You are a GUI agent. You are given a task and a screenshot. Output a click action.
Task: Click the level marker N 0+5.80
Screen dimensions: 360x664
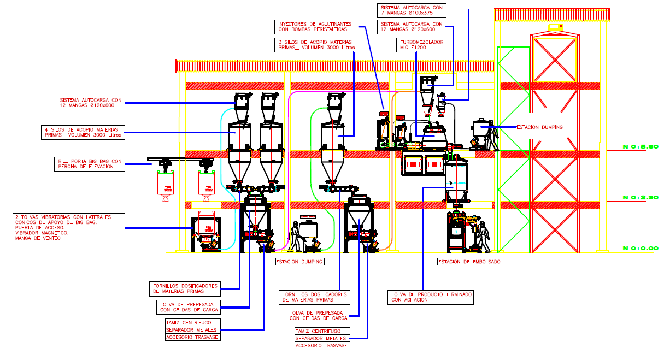[x=641, y=146]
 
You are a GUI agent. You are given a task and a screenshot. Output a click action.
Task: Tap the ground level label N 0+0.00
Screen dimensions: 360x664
[x=641, y=248]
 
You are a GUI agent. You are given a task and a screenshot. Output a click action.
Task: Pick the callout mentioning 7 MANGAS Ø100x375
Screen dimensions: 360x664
[x=412, y=10]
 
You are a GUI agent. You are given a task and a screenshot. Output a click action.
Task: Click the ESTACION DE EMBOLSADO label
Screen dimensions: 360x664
[x=469, y=262]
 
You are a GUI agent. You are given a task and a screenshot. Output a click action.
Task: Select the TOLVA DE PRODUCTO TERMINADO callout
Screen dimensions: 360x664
[x=431, y=297]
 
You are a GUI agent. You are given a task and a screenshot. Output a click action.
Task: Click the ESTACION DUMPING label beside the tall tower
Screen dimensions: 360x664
[x=539, y=127]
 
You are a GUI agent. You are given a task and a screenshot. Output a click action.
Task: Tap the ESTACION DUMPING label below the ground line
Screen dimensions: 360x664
[x=299, y=262]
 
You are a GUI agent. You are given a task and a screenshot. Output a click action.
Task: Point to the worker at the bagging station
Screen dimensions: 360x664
[x=483, y=236]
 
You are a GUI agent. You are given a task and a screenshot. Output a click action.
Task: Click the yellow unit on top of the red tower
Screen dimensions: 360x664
[x=556, y=27]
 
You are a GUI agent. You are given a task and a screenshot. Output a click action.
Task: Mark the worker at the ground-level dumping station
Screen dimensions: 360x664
[x=296, y=237]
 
